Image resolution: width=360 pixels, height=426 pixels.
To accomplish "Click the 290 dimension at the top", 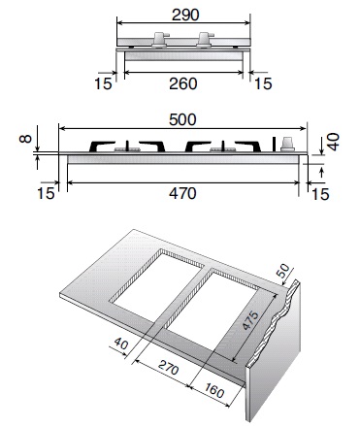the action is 185,15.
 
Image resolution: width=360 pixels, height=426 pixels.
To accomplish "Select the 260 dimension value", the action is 183,83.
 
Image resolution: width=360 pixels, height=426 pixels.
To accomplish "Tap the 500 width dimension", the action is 182,119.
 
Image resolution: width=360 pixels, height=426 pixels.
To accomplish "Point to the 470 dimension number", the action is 182,193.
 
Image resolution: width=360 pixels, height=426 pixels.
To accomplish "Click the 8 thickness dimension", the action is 25,139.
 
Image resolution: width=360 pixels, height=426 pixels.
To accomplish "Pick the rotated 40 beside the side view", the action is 333,142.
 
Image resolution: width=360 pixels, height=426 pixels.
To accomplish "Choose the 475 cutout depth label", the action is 250,320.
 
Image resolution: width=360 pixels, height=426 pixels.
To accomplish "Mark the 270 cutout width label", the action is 169,368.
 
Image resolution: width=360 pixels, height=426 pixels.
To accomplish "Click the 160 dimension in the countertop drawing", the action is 213,390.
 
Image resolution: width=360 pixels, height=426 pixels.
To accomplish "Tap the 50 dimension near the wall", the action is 283,270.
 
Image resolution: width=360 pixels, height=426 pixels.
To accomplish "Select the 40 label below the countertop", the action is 121,343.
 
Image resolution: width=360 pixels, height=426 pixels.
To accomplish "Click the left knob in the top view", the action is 159,40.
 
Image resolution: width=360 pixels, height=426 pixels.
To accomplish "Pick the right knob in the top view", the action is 205,40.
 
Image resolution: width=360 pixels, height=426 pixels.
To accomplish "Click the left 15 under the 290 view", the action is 103,83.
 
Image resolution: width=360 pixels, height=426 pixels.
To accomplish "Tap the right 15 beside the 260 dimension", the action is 263,83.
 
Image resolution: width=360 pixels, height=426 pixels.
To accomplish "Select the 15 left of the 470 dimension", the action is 46,193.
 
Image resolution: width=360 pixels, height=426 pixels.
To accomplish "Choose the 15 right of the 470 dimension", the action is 320,194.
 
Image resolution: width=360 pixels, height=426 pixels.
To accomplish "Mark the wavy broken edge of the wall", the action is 278,322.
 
